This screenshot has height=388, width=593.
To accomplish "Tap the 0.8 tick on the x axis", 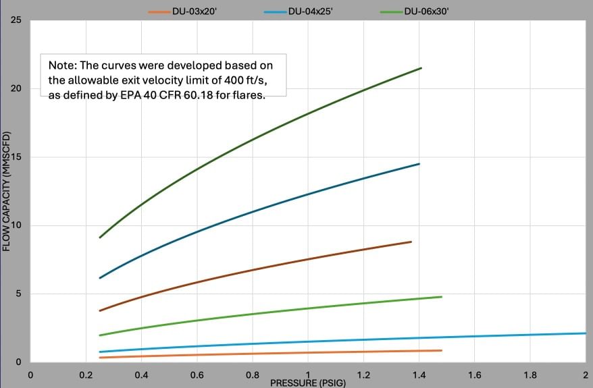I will [252, 375].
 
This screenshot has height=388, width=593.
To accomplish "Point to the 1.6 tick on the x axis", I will [474, 375].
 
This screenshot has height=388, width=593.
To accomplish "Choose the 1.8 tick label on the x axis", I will [530, 375].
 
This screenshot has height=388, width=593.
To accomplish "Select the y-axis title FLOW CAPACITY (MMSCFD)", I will [7, 192].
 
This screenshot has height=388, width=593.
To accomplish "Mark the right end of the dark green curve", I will [421, 68].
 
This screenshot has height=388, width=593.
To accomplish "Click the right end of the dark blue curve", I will [419, 164].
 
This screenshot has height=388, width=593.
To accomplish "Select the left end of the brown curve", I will [100, 310].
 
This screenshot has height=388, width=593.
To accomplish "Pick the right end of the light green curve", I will [441, 297].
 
